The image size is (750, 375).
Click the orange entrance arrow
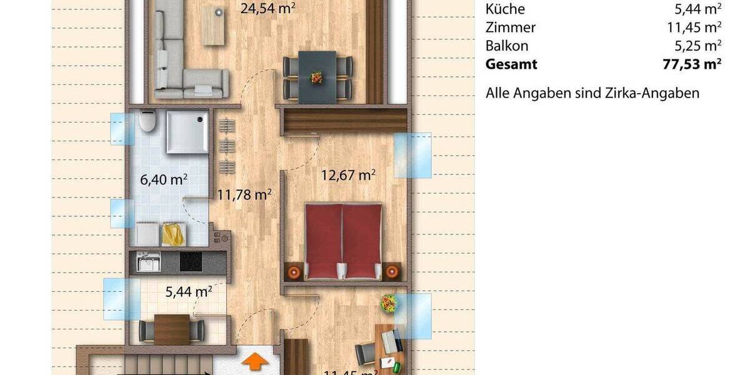coord(255,362)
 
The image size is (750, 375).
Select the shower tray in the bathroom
coord(187,132)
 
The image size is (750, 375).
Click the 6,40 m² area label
coord(164,180)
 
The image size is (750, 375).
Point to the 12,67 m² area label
coord(348,174)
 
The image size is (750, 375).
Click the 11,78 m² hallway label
coord(244,194)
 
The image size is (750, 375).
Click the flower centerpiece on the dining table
coord(317,77)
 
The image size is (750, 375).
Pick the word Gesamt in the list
coord(511,64)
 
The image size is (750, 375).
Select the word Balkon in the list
coord(507,46)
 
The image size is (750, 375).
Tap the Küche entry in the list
coord(505,9)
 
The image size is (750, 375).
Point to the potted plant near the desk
coord(388,304)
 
